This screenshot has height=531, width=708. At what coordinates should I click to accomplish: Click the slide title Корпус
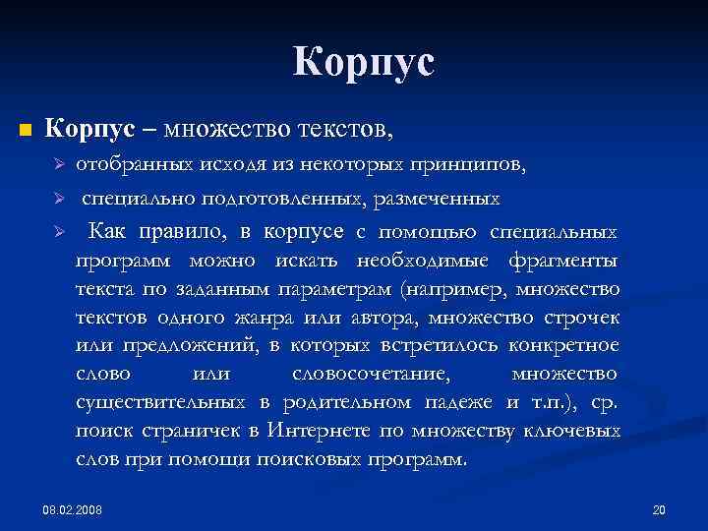pos(363,64)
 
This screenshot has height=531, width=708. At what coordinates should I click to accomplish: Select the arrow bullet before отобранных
pos(58,164)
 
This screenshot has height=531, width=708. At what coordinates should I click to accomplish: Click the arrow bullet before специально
pos(58,200)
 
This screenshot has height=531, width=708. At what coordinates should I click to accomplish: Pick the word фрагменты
pos(563,261)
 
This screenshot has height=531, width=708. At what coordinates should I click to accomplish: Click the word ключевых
pos(573,432)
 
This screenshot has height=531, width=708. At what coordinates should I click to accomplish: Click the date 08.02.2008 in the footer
pos(79,510)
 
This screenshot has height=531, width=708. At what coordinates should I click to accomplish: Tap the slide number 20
pos(659,510)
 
